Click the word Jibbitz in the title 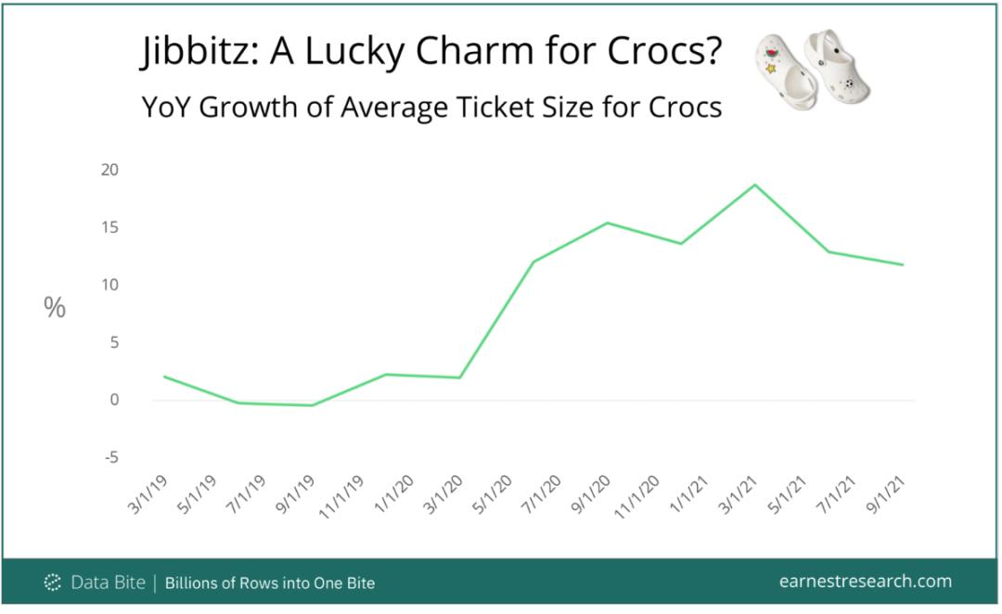(x=197, y=54)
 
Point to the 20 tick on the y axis (x=110, y=170)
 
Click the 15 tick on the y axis (x=110, y=227)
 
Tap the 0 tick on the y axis (x=115, y=400)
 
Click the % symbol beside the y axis (x=55, y=308)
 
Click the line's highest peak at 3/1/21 (x=756, y=185)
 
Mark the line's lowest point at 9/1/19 (x=313, y=405)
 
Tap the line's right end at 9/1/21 (x=904, y=265)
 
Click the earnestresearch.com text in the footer (x=866, y=582)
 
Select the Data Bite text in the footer (x=109, y=582)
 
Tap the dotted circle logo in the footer (x=53, y=582)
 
